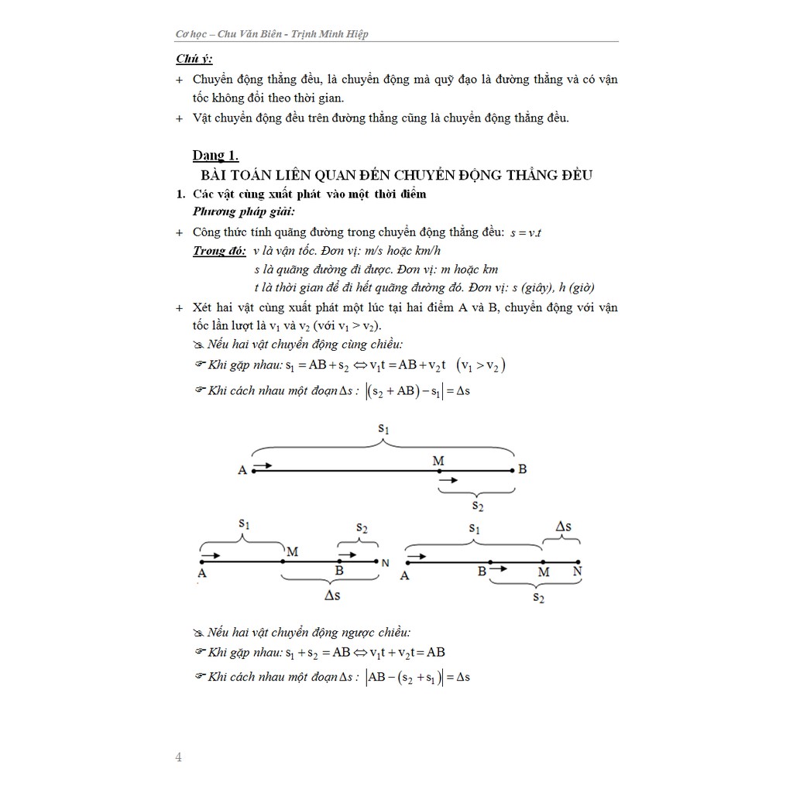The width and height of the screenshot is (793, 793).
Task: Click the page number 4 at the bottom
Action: click(178, 757)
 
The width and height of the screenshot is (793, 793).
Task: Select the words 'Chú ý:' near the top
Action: click(194, 59)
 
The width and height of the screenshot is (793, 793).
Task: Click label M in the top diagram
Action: click(438, 461)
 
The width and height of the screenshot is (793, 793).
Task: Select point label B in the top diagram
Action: click(523, 469)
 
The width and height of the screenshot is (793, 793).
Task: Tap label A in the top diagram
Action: click(242, 470)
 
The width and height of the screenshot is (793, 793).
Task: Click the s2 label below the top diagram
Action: click(477, 506)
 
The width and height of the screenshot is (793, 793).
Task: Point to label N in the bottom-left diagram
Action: click(385, 563)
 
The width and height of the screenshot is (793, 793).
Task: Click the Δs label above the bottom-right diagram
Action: click(564, 527)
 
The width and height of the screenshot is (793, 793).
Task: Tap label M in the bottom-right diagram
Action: click(544, 572)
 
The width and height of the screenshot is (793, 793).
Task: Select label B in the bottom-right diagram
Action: click(482, 572)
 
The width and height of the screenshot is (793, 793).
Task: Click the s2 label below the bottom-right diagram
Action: click(537, 597)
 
